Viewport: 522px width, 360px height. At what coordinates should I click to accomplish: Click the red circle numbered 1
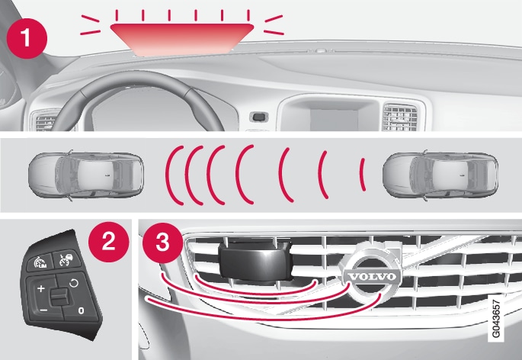[x=27, y=38]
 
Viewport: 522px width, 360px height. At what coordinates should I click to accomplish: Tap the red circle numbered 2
[x=108, y=242]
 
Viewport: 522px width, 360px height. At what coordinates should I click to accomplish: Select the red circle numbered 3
[x=163, y=243]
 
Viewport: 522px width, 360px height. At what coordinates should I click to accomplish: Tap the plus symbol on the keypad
[x=41, y=288]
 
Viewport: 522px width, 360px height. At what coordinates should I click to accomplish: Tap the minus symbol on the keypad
[x=43, y=310]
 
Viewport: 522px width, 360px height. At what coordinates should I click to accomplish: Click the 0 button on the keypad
[x=81, y=310]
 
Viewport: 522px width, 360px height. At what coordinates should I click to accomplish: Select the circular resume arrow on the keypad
[x=74, y=283]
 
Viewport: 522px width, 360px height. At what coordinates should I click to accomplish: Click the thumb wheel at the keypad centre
[x=59, y=297]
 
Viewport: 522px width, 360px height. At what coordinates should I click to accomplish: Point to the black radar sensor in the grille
[x=255, y=259]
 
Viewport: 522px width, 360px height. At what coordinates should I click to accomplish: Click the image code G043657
[x=496, y=318]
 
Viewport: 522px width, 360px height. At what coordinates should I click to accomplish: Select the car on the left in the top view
[x=86, y=175]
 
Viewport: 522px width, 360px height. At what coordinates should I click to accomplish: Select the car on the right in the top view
[x=440, y=175]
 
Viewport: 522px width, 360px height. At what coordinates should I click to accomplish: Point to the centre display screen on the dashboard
[x=334, y=119]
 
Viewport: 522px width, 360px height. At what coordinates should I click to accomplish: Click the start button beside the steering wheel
[x=259, y=117]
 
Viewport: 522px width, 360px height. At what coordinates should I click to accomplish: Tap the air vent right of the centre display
[x=400, y=117]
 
